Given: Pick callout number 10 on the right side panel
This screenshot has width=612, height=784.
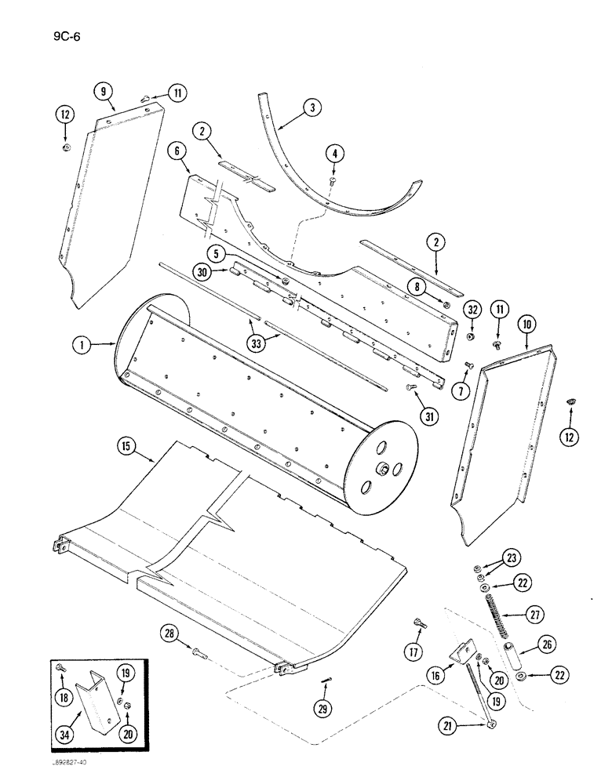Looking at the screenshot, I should (524, 322).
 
